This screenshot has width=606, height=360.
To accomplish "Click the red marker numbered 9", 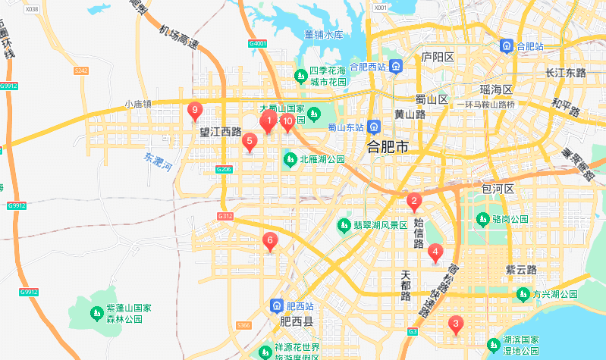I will pyautogui.click(x=195, y=111).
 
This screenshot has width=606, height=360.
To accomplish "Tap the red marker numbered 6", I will pyautogui.click(x=269, y=241).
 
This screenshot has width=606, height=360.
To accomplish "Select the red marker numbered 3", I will pyautogui.click(x=455, y=324).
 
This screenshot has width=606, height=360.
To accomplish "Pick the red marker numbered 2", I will pyautogui.click(x=414, y=202).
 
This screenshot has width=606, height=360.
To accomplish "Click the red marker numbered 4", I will pyautogui.click(x=435, y=252).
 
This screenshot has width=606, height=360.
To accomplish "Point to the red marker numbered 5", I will pyautogui.click(x=249, y=140).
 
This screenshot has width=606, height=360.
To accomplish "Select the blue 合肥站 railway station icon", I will pyautogui.click(x=506, y=46).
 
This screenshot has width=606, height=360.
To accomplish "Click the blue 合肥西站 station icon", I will pyautogui.click(x=396, y=67).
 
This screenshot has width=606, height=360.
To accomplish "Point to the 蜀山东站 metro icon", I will pyautogui.click(x=373, y=126).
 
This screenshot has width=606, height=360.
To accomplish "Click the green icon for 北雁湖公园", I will pyautogui.click(x=290, y=160).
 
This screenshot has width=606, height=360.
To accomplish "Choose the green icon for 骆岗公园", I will pyautogui.click(x=482, y=219).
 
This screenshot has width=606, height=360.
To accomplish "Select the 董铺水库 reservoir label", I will pyautogui.click(x=324, y=35).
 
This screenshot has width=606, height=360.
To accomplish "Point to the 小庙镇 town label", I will pyautogui.click(x=139, y=105).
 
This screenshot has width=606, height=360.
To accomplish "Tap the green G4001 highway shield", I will pyautogui.click(x=259, y=44).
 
